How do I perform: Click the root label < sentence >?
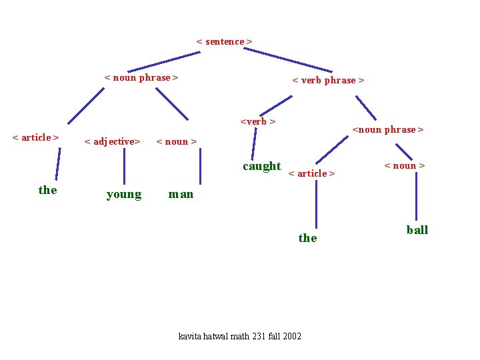pyautogui.click(x=224, y=41)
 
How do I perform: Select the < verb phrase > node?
pyautogui.click(x=328, y=80)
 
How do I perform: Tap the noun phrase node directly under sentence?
pyautogui.click(x=141, y=77)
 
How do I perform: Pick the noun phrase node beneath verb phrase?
pyautogui.click(x=387, y=129)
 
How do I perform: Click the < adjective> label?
pyautogui.click(x=112, y=141)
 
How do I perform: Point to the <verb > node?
pyautogui.click(x=258, y=121)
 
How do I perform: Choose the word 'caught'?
pyautogui.click(x=261, y=166)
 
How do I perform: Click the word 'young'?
pyautogui.click(x=124, y=195)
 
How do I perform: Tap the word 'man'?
pyautogui.click(x=181, y=195)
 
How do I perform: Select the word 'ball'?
pyautogui.click(x=417, y=230)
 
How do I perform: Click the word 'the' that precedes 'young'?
pyautogui.click(x=48, y=190)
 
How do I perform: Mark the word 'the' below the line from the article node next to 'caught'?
pyautogui.click(x=307, y=238)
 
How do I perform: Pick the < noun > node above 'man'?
pyautogui.click(x=176, y=141)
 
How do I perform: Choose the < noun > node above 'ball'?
pyautogui.click(x=404, y=165)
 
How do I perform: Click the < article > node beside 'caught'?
pyautogui.click(x=311, y=173)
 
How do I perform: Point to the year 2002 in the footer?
pyautogui.click(x=292, y=336)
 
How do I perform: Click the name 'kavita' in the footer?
pyautogui.click(x=190, y=336)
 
